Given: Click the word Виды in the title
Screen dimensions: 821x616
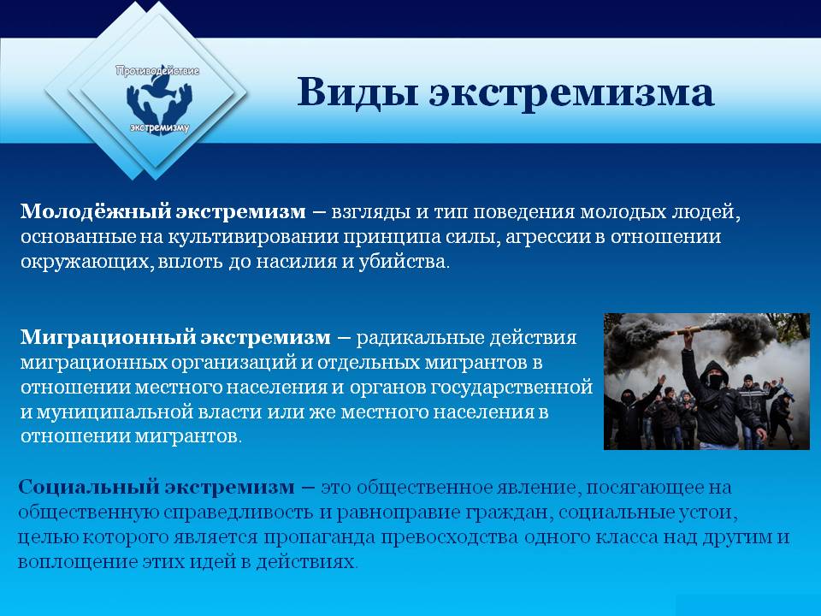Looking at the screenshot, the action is point(357,92).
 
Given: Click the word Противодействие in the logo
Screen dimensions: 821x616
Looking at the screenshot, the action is point(157,70).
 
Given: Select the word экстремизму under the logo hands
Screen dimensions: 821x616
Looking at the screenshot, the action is point(160,127).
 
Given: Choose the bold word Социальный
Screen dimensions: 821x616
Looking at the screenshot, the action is point(88,487).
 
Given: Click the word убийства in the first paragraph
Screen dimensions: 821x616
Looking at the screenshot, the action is point(403,261).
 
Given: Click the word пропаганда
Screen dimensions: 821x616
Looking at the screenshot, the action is point(319,538).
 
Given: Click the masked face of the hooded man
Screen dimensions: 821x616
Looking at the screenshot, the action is point(715,379).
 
